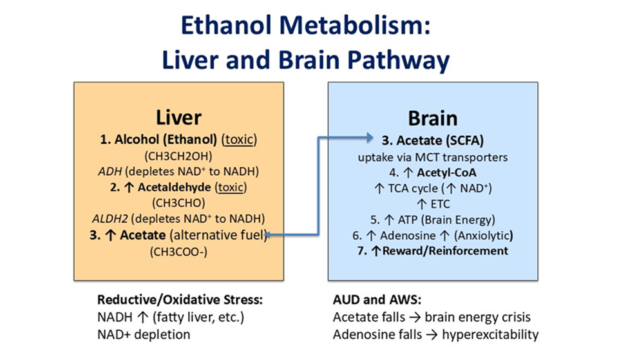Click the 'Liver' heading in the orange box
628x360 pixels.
(178, 118)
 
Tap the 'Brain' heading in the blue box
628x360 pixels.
(433, 118)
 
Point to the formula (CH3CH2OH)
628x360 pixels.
(178, 155)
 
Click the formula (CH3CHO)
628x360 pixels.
(178, 203)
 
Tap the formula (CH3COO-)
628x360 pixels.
(178, 251)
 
